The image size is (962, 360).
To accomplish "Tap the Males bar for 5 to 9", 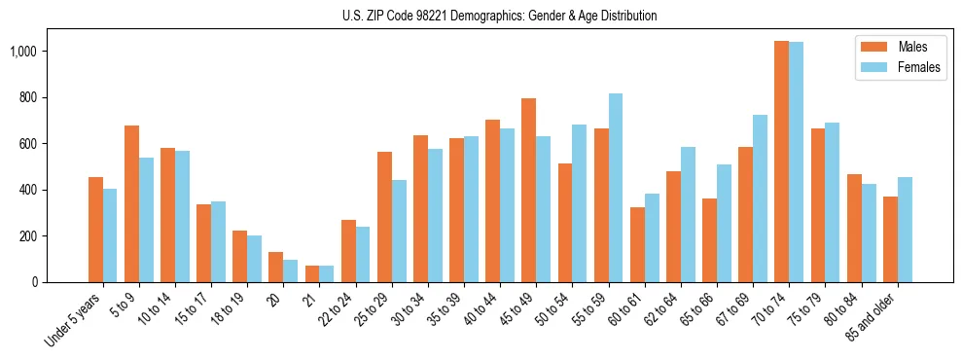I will coord(131,203).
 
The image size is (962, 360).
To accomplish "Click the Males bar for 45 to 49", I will coord(529,190).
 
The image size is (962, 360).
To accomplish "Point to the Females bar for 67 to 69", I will coord(761,198).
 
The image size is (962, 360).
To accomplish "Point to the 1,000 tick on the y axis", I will coord(44,51).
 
